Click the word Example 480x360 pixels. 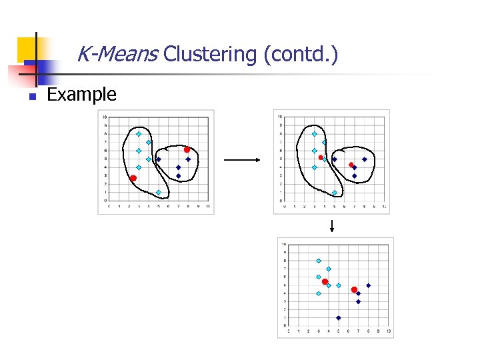pos(81,95)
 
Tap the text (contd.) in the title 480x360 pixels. pos(301,54)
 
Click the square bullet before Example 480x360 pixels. pos(31,96)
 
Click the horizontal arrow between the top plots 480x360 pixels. pos(241,160)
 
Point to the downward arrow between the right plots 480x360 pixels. pos(331,226)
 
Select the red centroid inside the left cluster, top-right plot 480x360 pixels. pos(321,157)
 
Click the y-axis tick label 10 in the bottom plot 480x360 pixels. pos(284,244)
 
